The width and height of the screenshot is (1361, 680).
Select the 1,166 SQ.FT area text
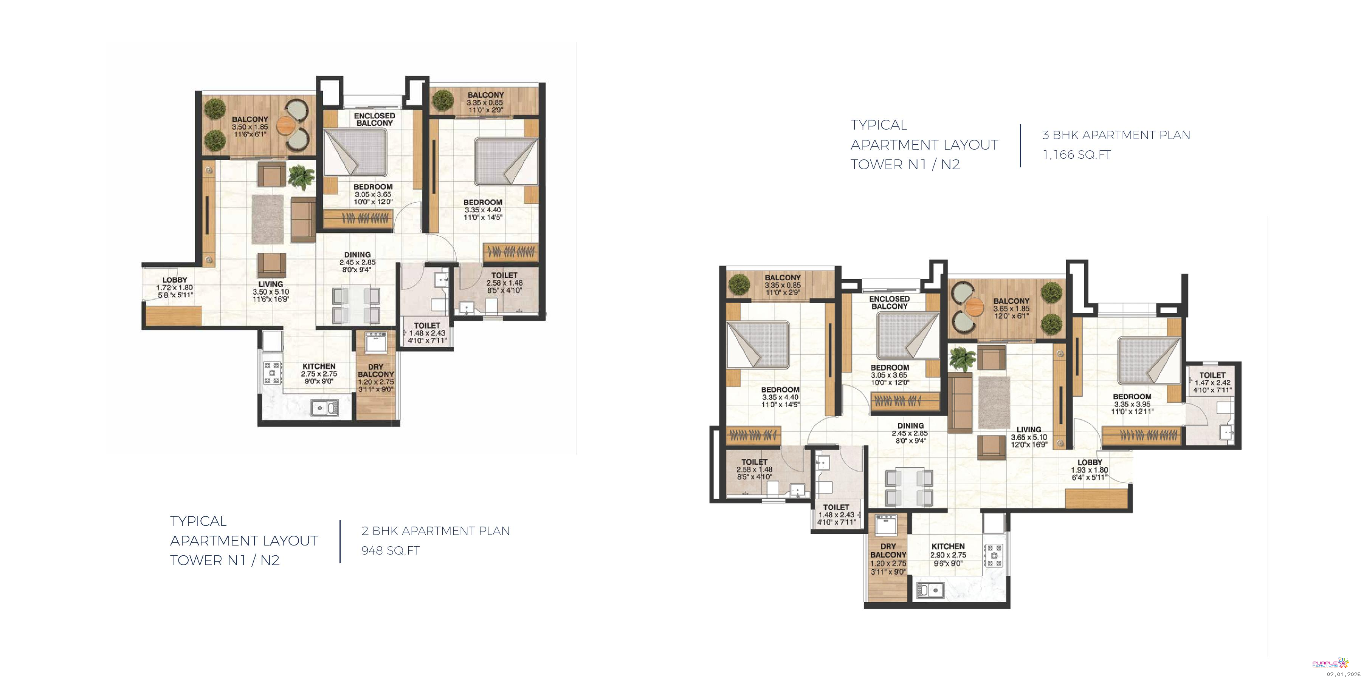pos(1077,155)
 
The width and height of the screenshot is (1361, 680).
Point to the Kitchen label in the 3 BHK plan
pos(949,546)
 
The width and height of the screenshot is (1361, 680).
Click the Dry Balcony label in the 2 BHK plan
pos(376,371)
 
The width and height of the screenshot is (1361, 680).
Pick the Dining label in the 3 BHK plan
pos(910,425)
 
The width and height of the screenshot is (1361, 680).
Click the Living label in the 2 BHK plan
pos(271,284)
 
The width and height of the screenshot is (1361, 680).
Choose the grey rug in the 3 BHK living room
pos(994,402)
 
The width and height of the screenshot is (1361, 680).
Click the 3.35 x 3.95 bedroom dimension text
pos(1131,404)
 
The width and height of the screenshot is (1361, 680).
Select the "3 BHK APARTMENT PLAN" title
pos(1116,135)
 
